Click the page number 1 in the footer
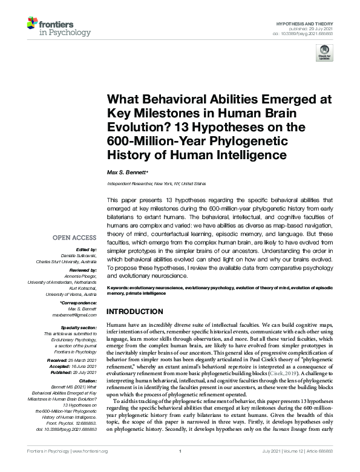(180, 468)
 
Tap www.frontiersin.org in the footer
(91, 468)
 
